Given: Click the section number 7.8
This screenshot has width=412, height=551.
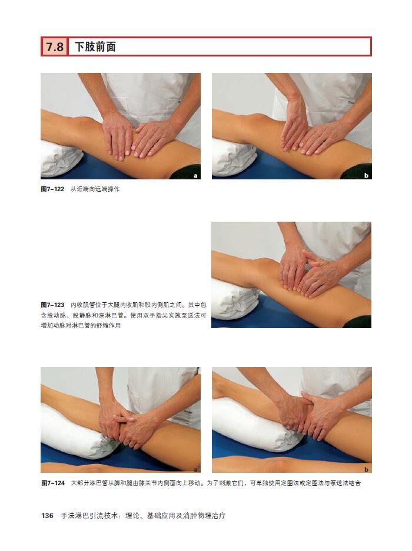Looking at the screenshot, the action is pyautogui.click(x=55, y=46).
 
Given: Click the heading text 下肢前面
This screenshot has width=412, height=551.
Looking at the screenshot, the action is pyautogui.click(x=95, y=46).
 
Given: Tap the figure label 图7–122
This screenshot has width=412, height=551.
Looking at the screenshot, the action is pyautogui.click(x=53, y=189).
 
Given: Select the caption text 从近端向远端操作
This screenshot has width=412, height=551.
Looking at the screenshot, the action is pyautogui.click(x=95, y=189).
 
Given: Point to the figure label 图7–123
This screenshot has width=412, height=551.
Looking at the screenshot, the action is pyautogui.click(x=53, y=305).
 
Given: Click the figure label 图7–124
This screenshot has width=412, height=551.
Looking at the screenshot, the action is pyautogui.click(x=53, y=483).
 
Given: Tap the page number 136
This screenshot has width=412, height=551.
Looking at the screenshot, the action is pyautogui.click(x=47, y=516).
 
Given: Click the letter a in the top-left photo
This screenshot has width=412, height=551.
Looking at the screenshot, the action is pyautogui.click(x=195, y=176).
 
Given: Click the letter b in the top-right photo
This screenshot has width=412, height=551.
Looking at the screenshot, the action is pyautogui.click(x=366, y=175).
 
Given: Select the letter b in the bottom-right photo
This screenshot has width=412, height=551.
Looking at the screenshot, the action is pyautogui.click(x=366, y=469).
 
